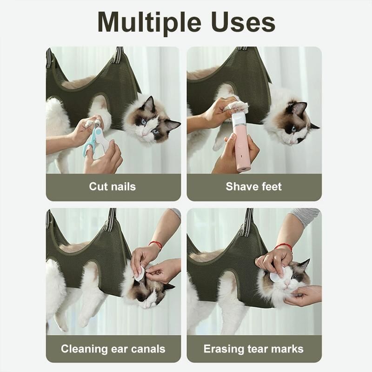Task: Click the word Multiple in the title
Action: pos(149,22)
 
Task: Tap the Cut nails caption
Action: pos(113,186)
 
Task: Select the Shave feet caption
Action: pos(254,186)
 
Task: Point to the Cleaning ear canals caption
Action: pos(113,349)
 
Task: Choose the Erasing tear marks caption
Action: pos(253,349)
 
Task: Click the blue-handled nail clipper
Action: pos(95,141)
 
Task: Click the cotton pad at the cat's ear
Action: pos(139,273)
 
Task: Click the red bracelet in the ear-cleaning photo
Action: pos(155,245)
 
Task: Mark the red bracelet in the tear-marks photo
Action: pos(284,247)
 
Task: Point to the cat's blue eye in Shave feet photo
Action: pos(294,129)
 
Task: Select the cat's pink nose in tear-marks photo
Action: pos(287,283)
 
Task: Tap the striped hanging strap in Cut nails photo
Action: pos(118,55)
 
